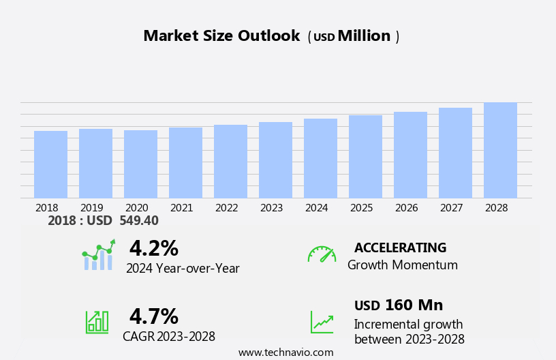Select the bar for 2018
click(50, 164)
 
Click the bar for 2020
click(140, 164)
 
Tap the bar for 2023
click(275, 160)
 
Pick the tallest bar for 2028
click(500, 151)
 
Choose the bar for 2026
click(410, 155)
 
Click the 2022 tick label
click(226, 208)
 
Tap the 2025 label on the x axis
click(361, 208)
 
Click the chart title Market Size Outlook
click(221, 36)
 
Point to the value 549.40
click(139, 221)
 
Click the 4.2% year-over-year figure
click(153, 248)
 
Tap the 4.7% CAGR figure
click(153, 316)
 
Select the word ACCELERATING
click(400, 248)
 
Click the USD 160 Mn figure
click(399, 305)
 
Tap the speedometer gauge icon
click(322, 254)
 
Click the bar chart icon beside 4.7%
click(97, 321)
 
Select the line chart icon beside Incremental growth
click(322, 322)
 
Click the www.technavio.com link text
click(285, 352)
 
